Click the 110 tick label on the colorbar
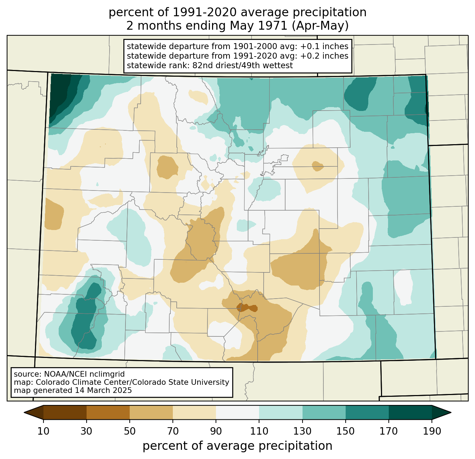coord(259,431)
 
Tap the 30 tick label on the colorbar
coord(86,431)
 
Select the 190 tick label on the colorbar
coord(432,431)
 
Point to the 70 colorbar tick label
coord(173,431)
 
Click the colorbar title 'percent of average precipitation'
coord(237,446)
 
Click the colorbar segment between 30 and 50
coord(108,413)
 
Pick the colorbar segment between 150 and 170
coord(367,413)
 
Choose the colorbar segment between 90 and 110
coord(237,413)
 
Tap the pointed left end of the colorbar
coord(24,413)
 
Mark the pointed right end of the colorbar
coord(451,413)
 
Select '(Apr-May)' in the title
coord(320,26)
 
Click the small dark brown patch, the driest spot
coord(247,308)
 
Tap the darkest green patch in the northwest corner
coord(59,94)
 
